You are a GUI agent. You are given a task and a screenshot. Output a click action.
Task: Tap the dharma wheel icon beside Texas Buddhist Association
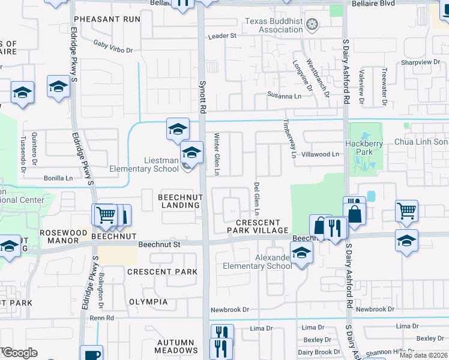click(312, 25)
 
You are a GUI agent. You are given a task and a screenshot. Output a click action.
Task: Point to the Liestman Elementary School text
click(144, 164)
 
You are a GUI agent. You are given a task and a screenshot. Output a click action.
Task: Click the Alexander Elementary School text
click(258, 262)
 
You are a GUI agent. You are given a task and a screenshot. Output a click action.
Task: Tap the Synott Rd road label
click(203, 98)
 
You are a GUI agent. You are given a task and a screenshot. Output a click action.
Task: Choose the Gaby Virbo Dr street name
click(113, 46)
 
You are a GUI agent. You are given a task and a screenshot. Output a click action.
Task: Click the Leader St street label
click(222, 36)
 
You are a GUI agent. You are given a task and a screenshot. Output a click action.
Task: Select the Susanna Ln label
click(285, 95)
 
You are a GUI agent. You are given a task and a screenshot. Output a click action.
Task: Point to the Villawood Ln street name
click(319, 154)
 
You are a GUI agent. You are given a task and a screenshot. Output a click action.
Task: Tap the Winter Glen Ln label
click(217, 154)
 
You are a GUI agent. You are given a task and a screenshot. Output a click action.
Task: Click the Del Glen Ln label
click(256, 199)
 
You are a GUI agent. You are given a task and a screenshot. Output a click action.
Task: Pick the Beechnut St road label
click(159, 244)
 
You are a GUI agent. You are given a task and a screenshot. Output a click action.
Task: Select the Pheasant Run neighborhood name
click(107, 19)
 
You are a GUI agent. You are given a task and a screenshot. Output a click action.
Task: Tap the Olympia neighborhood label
click(148, 302)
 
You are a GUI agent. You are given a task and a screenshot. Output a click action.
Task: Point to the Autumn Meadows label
click(176, 346)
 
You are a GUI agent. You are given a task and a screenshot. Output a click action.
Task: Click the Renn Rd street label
click(101, 317)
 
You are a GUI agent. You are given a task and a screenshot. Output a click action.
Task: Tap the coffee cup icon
click(92, 354)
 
